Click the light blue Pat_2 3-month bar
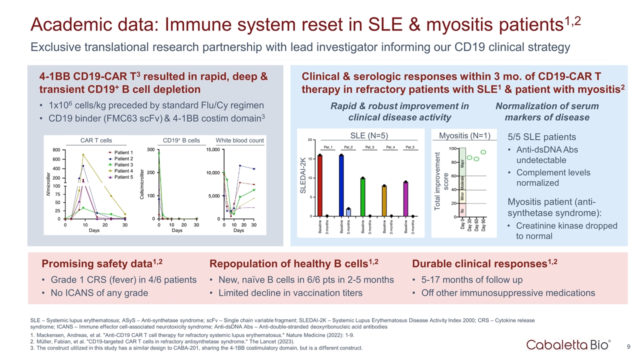tap(348, 212)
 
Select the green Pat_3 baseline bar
tap(362, 197)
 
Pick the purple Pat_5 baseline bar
tap(406, 199)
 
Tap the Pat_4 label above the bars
tap(391, 147)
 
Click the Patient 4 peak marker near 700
tap(83, 155)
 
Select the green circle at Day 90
tap(483, 152)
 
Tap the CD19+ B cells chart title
tap(181, 140)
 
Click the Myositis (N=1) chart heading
tap(464, 135)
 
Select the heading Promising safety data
tap(102, 263)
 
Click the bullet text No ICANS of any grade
tap(99, 293)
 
